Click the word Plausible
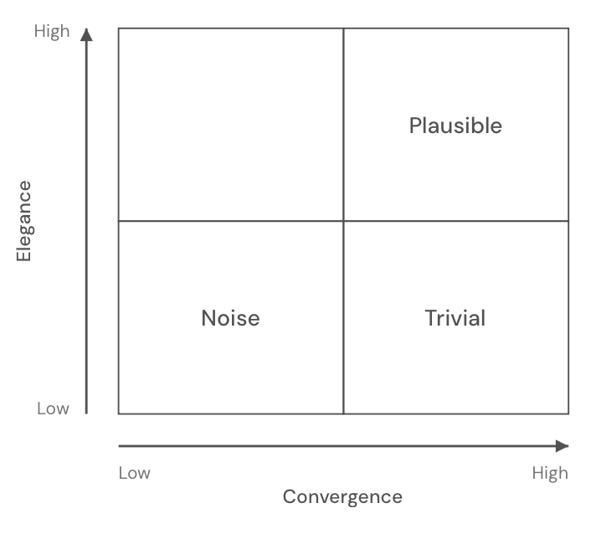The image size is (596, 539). [x=455, y=126]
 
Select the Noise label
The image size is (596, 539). [x=230, y=318]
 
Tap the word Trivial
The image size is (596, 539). [x=455, y=318]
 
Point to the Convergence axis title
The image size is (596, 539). [x=342, y=497]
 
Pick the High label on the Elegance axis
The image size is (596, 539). [x=52, y=32]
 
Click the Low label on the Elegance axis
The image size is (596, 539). [x=53, y=408]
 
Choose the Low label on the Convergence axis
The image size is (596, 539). [x=134, y=474]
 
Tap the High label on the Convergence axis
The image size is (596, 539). [x=550, y=474]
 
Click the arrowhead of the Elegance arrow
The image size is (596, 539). [x=86, y=33]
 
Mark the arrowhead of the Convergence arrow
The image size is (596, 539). [x=563, y=446]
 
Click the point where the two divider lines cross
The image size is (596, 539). [x=343, y=221]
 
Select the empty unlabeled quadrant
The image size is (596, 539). [x=230, y=125]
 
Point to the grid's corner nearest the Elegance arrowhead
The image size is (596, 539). [x=118, y=28]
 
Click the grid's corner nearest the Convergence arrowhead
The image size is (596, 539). [x=568, y=413]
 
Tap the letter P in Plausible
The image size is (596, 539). [x=414, y=126]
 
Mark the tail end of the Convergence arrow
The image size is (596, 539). [x=119, y=446]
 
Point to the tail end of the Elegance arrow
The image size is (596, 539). [x=86, y=413]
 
